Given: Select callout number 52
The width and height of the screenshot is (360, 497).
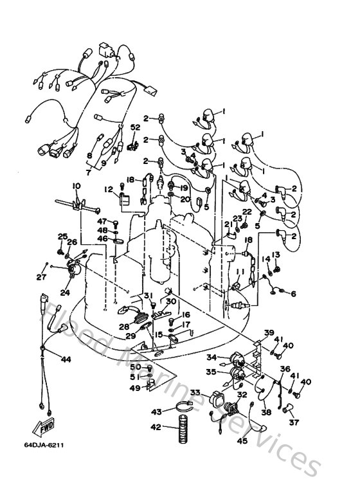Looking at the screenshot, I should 135,127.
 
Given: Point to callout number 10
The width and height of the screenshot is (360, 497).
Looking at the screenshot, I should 76,186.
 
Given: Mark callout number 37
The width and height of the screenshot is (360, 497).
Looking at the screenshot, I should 294,422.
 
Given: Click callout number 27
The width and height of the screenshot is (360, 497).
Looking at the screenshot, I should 41,277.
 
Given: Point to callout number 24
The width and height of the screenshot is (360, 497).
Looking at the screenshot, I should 64,292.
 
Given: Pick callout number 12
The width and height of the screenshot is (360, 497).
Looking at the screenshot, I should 109,188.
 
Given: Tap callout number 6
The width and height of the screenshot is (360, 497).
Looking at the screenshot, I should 294,294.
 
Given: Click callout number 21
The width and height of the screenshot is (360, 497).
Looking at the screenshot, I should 228,223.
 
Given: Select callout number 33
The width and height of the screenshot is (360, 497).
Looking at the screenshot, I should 194,392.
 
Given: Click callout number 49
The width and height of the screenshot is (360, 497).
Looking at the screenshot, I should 136,388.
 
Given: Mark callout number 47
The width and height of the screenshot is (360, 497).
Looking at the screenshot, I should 102,221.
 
